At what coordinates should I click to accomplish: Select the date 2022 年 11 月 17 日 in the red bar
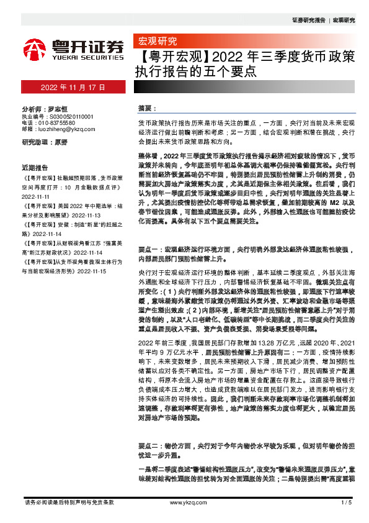(x=73, y=88)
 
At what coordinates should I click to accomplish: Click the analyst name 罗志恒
(x=57, y=107)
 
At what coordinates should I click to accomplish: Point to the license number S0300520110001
(x=67, y=116)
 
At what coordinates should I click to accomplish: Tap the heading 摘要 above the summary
(x=144, y=108)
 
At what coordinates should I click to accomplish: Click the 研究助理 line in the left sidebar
(x=45, y=142)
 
